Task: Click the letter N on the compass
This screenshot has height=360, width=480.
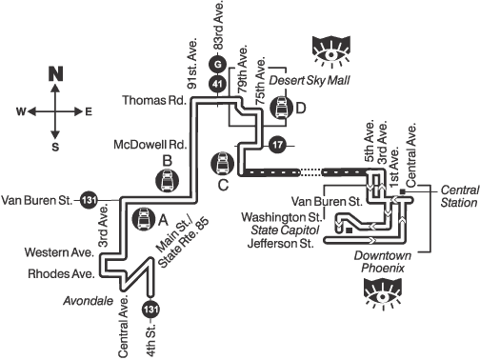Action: [55, 73]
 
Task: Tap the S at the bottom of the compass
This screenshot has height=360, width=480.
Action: [55, 147]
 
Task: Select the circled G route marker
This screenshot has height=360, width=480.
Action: [217, 65]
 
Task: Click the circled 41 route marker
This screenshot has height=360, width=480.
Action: [217, 84]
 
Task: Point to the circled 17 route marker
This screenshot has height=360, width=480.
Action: [277, 145]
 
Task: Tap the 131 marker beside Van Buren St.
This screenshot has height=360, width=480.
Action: [89, 200]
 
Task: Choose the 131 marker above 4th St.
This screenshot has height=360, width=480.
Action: [150, 309]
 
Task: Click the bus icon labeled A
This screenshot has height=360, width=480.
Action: [144, 219]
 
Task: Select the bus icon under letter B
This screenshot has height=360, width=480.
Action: [168, 180]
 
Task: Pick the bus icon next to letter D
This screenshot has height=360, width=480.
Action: [282, 108]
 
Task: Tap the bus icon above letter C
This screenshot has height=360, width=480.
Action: [223, 163]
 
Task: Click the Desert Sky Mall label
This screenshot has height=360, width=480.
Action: [310, 80]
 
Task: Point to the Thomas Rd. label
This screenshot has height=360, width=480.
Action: [154, 100]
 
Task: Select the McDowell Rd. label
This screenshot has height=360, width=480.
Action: [150, 145]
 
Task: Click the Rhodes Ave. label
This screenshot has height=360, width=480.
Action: [61, 273]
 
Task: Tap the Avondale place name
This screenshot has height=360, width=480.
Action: [89, 300]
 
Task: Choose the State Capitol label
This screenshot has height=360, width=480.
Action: [285, 230]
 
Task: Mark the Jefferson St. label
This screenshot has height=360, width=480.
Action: [280, 244]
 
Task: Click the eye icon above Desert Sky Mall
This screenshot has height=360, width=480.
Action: [331, 51]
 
